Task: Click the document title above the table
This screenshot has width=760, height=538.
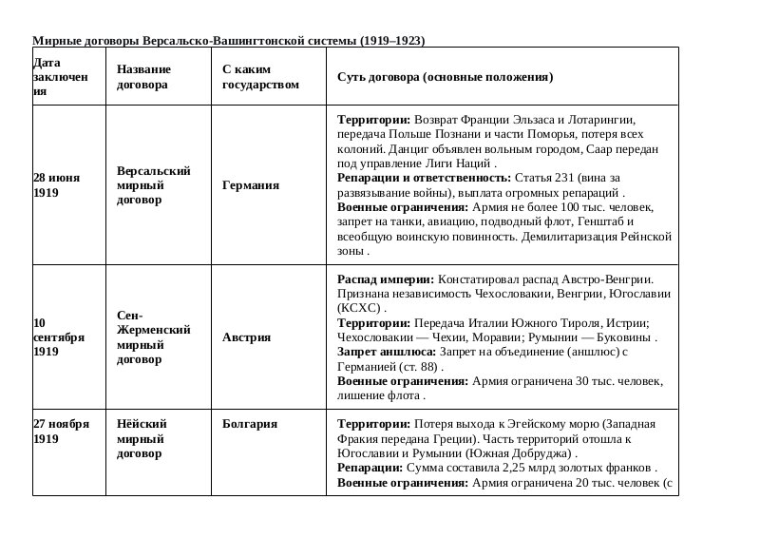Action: tap(229, 41)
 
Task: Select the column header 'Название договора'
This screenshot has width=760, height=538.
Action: tap(143, 77)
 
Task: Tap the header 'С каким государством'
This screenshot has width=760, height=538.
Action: tap(259, 77)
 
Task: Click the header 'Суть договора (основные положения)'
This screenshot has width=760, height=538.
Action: tap(446, 77)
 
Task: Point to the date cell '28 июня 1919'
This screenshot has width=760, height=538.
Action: tap(57, 184)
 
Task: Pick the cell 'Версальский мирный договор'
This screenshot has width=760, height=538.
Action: tap(154, 185)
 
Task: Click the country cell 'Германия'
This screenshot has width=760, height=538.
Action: tap(251, 185)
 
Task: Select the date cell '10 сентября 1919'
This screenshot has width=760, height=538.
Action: tap(59, 336)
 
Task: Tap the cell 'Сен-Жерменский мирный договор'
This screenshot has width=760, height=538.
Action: tap(153, 336)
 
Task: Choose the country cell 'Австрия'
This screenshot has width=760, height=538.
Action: tap(246, 337)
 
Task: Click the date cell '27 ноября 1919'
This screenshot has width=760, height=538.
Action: tap(61, 431)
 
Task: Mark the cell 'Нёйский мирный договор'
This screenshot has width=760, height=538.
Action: tap(142, 438)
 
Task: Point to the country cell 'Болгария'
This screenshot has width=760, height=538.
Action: tap(250, 424)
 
